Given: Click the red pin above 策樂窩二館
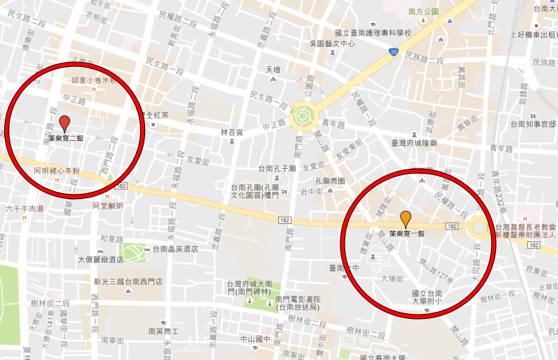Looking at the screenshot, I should click(65, 123).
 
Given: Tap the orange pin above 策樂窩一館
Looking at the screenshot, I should click(405, 218).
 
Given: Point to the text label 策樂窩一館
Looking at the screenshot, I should click(407, 234).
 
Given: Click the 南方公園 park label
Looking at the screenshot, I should click(423, 12).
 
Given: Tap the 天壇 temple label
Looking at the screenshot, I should click(273, 70).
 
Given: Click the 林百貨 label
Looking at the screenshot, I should click(232, 132).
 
